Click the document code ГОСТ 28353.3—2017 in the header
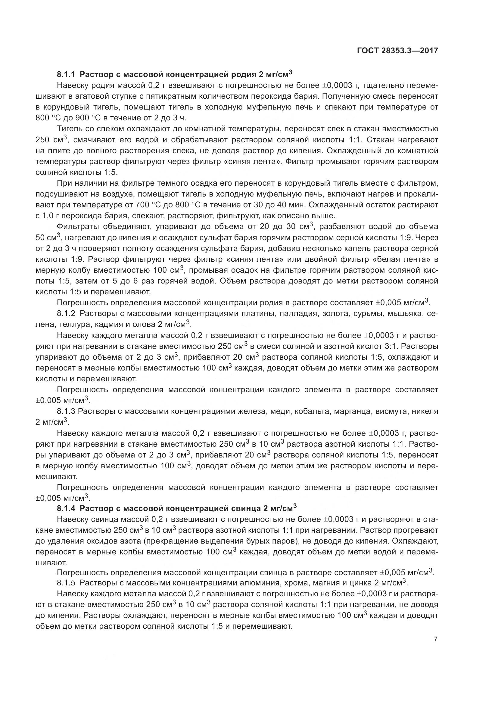click(397, 51)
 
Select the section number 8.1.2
click(66, 313)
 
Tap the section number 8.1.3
click(66, 411)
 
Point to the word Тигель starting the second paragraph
click(67, 129)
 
